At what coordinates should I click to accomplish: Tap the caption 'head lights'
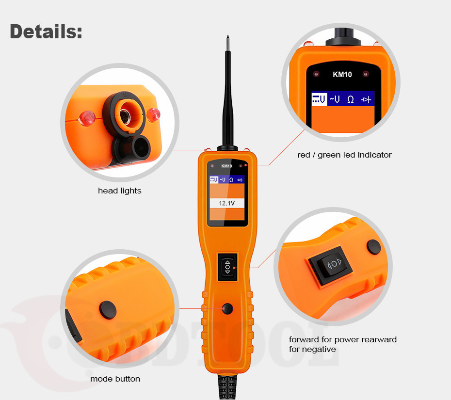120,191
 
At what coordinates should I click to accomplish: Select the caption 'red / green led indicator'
344,155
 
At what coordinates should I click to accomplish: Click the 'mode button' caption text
115,379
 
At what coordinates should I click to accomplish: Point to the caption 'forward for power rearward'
342,339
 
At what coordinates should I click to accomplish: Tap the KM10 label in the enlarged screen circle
342,75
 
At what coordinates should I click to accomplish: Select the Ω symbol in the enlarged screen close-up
350,99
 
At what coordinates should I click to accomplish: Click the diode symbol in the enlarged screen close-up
366,99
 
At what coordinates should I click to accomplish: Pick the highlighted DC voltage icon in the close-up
319,99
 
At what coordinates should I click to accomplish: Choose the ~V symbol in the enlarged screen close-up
335,99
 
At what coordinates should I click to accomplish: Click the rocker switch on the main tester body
227,266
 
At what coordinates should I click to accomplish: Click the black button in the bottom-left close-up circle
107,308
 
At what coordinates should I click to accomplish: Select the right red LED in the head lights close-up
154,114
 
